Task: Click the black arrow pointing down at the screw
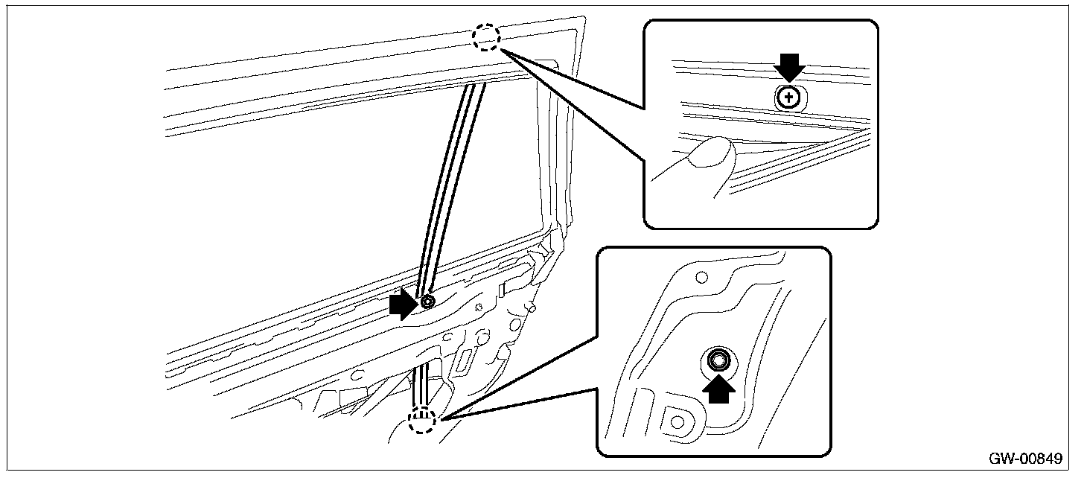(x=789, y=70)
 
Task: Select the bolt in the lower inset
(x=718, y=361)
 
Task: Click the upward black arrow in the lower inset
(x=718, y=389)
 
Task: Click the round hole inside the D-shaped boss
(x=677, y=421)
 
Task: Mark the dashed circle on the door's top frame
(x=487, y=37)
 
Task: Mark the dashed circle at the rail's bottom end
(x=422, y=421)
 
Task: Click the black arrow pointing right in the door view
(x=403, y=304)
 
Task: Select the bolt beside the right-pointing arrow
(x=427, y=302)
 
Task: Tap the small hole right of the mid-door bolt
(x=479, y=306)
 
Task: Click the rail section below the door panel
(x=421, y=383)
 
